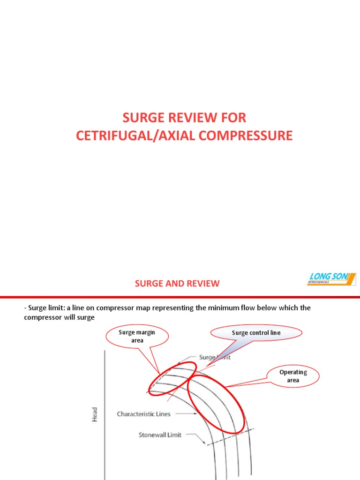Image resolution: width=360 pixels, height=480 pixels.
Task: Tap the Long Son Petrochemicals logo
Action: (x=331, y=278)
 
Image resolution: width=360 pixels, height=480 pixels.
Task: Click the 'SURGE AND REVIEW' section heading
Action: (x=177, y=283)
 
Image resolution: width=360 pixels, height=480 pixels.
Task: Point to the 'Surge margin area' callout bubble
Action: (x=137, y=336)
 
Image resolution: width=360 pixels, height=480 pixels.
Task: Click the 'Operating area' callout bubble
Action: (x=293, y=376)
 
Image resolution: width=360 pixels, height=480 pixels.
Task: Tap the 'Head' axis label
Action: (x=95, y=414)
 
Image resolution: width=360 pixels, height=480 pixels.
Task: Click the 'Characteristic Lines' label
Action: (x=143, y=414)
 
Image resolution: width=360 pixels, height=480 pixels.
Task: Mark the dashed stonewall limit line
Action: (x=230, y=437)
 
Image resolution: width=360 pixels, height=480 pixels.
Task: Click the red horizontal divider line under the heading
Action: (x=180, y=297)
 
